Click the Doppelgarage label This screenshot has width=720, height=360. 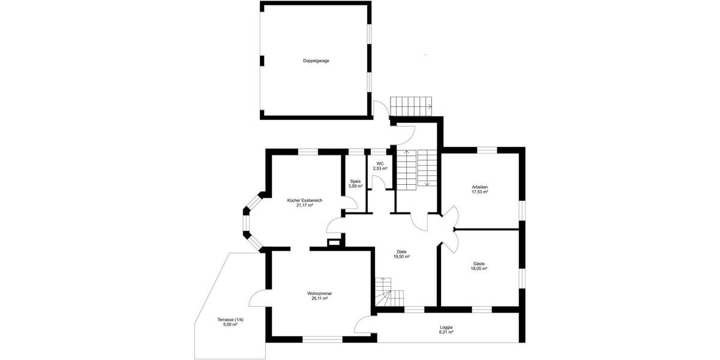pos(316,61)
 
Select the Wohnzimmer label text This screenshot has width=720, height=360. pos(319,293)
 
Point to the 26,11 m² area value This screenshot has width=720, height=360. pos(319,298)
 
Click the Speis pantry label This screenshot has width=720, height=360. pos(356,181)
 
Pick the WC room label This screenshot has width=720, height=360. pos(380,164)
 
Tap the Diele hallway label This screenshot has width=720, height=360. pos(401,251)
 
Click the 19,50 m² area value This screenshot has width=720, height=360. pos(401,256)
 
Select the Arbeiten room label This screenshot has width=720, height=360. pos(480,187)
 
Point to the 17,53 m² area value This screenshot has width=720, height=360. pos(480,192)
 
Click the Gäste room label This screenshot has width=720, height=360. pos(479,264)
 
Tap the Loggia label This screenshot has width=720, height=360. pos(446,327)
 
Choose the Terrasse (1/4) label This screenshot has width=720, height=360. pos(230,319)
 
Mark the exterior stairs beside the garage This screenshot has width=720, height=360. pos(411,106)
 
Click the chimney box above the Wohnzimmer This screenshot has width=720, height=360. pos(334,242)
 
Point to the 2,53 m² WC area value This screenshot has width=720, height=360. pos(380,169)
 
